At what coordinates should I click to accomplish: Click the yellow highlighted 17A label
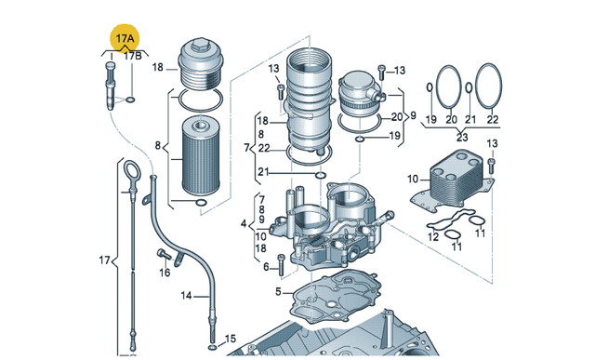pos(125,38)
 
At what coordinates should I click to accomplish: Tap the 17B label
pos(133,56)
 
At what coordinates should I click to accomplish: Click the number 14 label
pos(186,296)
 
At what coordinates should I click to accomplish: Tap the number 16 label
pos(165,273)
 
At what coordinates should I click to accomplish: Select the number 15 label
pos(230,339)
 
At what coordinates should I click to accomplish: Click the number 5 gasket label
pos(278,292)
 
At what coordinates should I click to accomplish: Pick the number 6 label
pos(266,267)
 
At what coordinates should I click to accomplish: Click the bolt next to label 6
pos(281,264)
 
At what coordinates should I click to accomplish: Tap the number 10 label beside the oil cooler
pos(413,179)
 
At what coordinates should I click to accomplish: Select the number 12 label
pos(433,237)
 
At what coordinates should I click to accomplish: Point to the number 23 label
pos(462,137)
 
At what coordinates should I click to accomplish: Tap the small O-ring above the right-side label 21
pos(469,87)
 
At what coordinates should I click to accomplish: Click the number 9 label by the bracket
pos(413,115)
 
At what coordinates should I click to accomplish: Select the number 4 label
pos(244,223)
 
